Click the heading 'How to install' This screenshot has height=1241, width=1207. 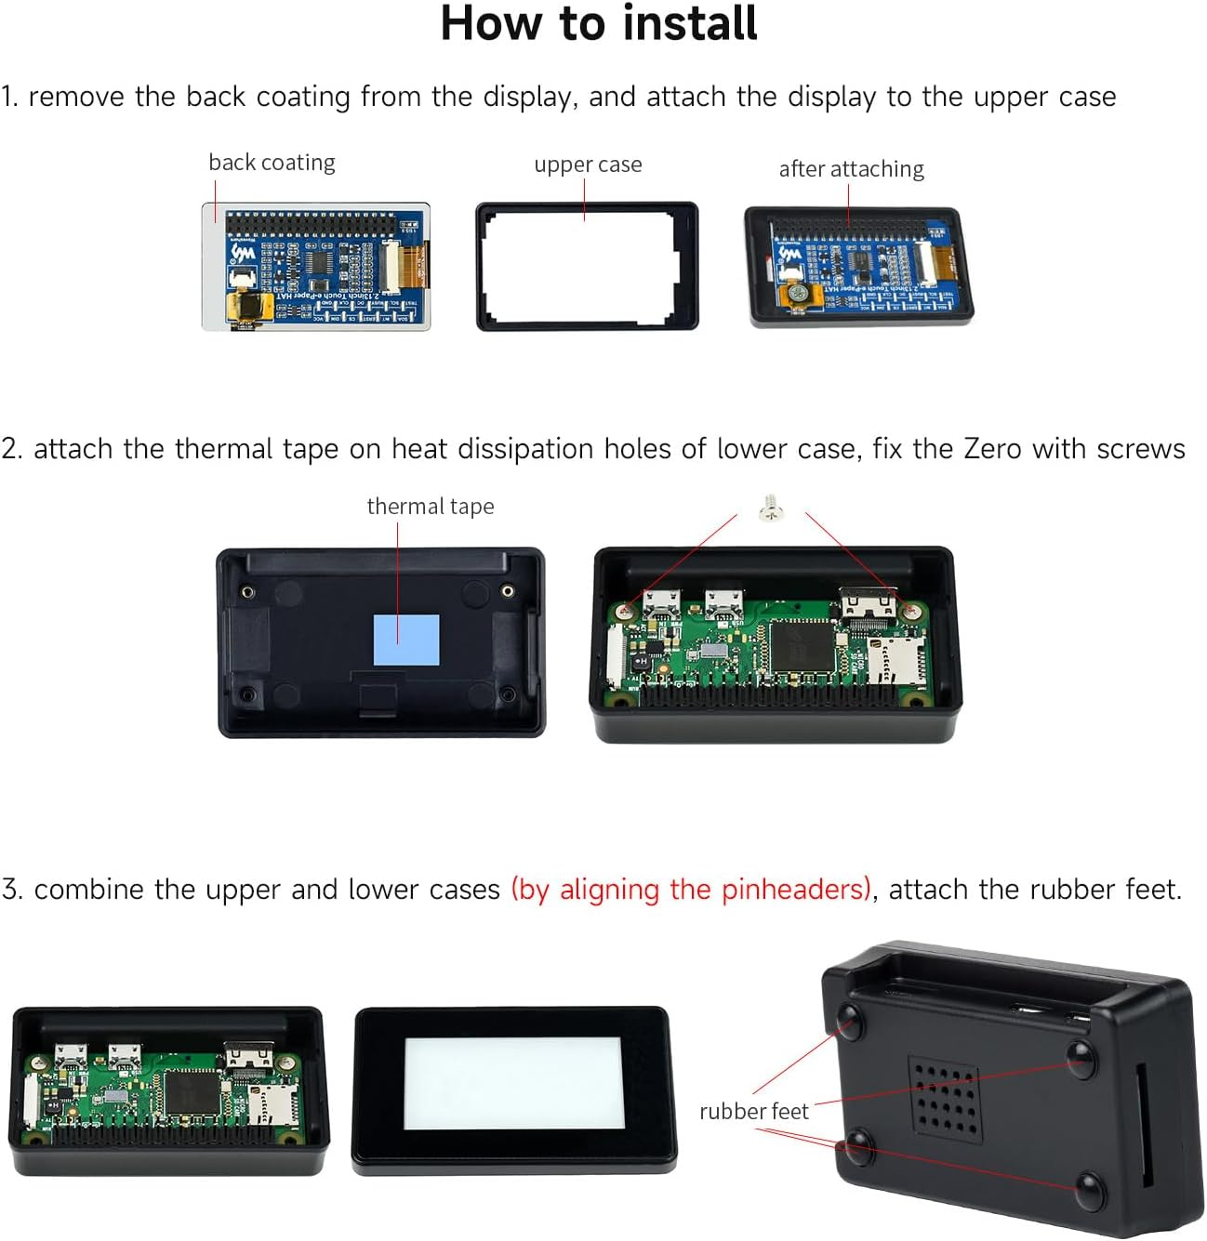[x=599, y=23]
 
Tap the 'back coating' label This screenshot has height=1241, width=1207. [x=272, y=163]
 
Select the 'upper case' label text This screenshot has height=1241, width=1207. [x=588, y=165]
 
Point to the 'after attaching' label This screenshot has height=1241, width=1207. [x=851, y=169]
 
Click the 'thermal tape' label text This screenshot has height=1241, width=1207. [x=431, y=507]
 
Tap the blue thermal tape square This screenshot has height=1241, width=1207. [x=406, y=640]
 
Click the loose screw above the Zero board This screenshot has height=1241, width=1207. [x=771, y=508]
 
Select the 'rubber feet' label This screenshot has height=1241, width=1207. [x=754, y=1112]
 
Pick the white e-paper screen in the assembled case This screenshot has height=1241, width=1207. [x=514, y=1083]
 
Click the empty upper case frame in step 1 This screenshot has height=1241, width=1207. [x=587, y=268]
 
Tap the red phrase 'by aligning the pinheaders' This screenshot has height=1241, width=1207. [x=692, y=890]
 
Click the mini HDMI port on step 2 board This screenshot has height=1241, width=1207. [x=868, y=605]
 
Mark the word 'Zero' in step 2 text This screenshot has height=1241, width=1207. [x=993, y=449]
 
